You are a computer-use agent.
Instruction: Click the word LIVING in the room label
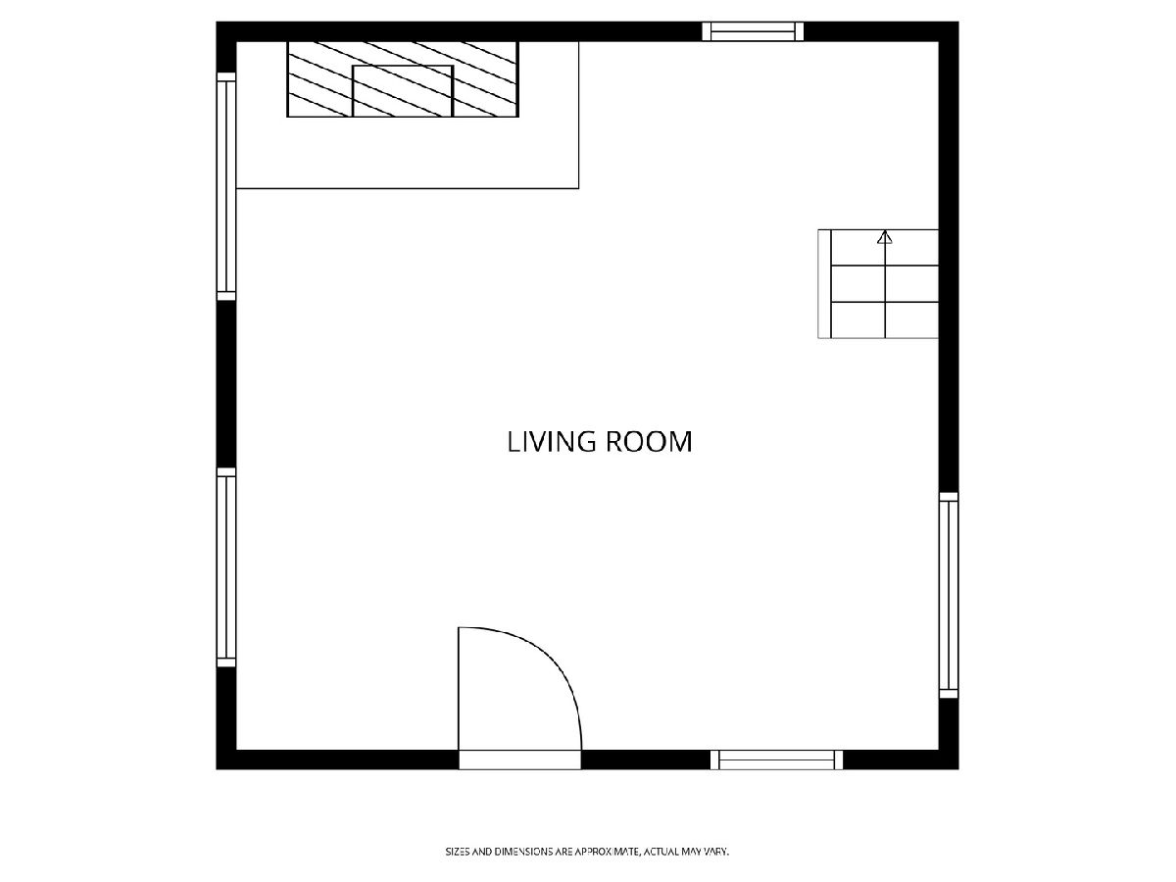(552, 442)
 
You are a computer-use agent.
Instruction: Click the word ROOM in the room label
(649, 442)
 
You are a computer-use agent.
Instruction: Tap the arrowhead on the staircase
(885, 237)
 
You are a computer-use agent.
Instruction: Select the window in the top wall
(753, 31)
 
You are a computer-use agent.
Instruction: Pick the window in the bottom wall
(776, 759)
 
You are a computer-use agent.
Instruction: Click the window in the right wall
(949, 595)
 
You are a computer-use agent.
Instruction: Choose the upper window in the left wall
(226, 186)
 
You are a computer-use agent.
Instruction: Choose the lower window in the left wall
(226, 567)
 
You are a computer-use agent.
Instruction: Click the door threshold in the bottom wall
(519, 759)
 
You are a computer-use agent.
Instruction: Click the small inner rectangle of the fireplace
(403, 91)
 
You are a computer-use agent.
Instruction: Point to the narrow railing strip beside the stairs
(824, 284)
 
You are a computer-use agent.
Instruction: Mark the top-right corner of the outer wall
(958, 22)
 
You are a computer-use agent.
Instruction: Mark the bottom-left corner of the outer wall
(217, 769)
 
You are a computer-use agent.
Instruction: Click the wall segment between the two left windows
(226, 384)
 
